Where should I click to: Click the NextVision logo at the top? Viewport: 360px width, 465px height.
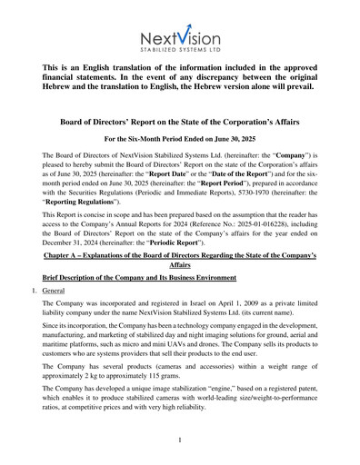[179, 36]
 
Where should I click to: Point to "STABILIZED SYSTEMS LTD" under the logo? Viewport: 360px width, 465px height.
[179, 53]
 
